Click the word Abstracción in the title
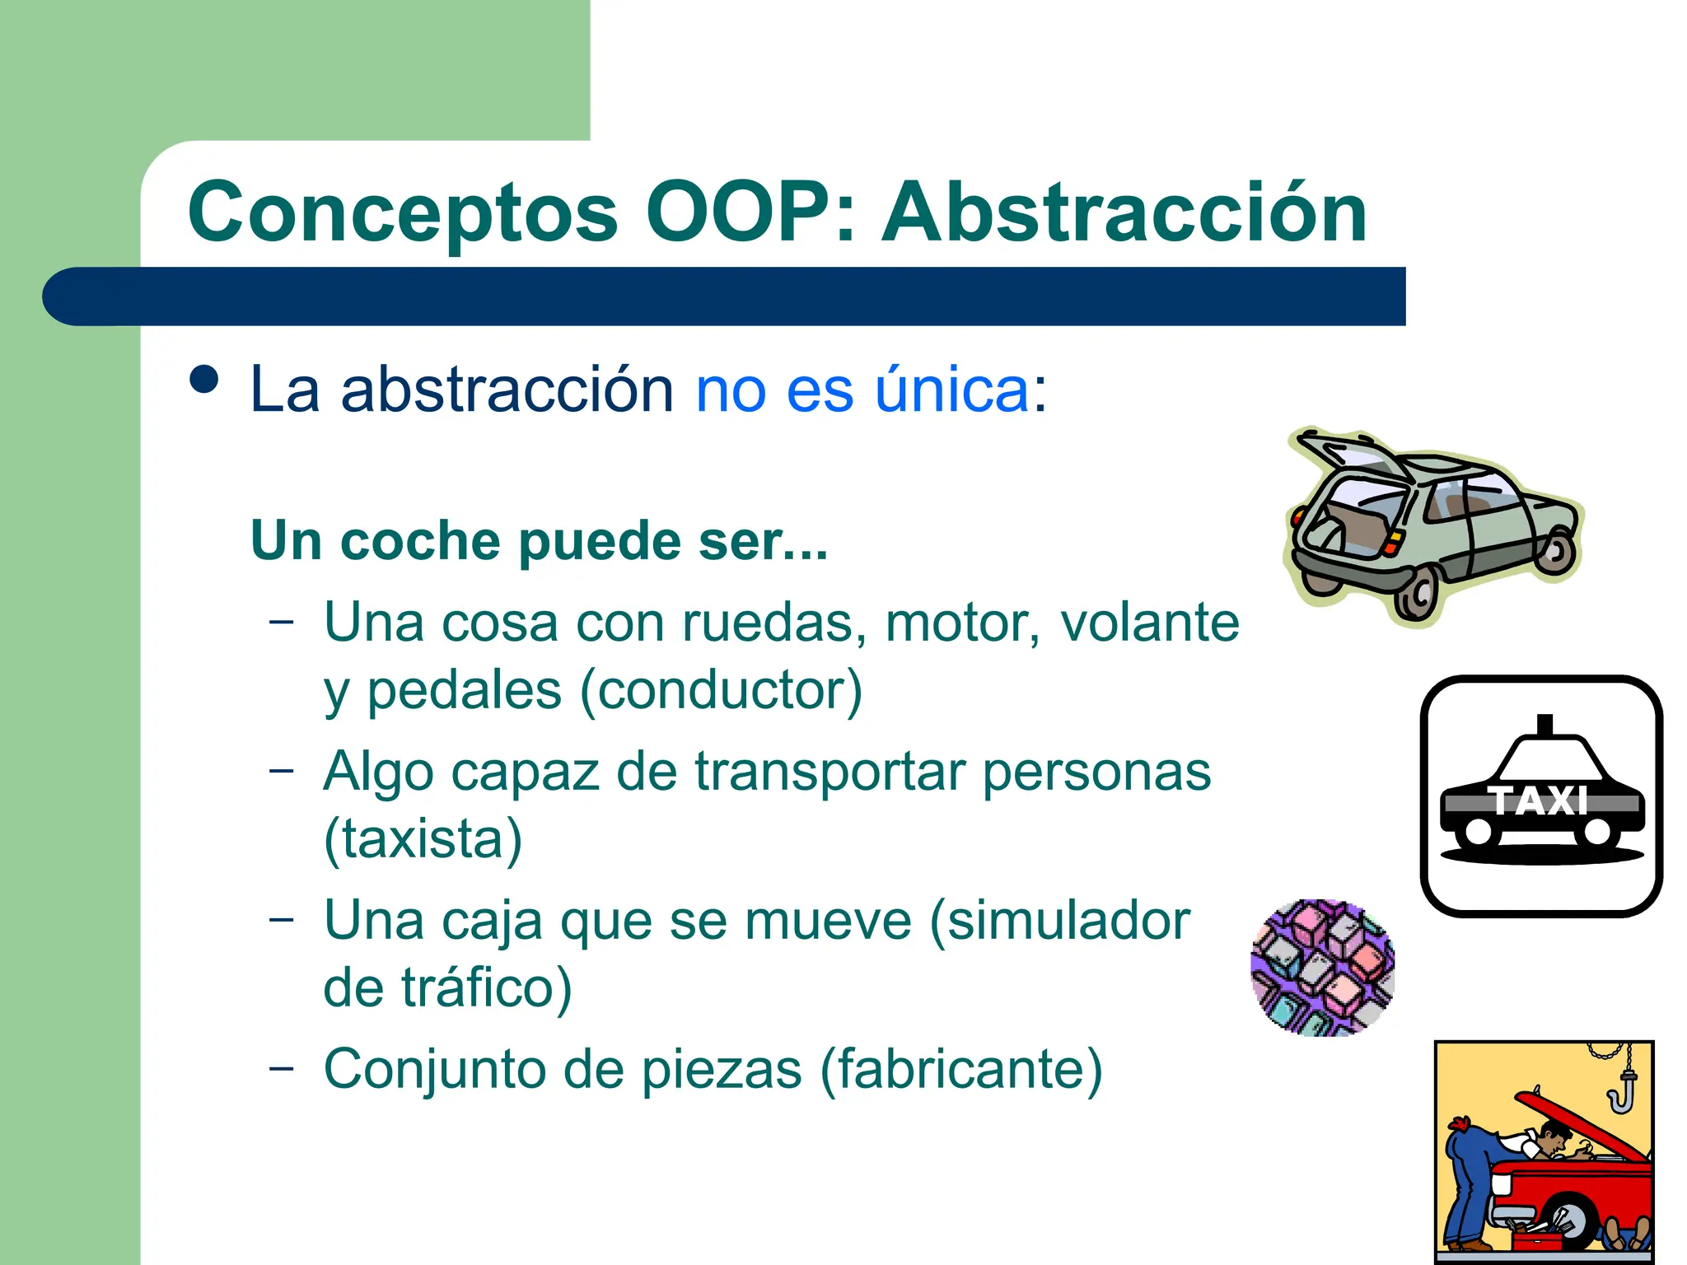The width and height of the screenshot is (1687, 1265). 1124,213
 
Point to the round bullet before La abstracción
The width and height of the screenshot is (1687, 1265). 203,380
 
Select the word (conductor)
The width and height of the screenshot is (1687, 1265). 722,690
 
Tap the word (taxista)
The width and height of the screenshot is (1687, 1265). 423,839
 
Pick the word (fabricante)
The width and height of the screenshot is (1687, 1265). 960,1070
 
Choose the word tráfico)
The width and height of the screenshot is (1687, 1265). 486,987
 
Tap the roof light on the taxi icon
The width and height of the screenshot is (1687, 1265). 1544,724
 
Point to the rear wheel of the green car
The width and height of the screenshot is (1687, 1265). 1417,595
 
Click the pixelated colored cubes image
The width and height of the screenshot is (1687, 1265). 1322,968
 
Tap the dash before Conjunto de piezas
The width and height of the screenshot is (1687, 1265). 281,1068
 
